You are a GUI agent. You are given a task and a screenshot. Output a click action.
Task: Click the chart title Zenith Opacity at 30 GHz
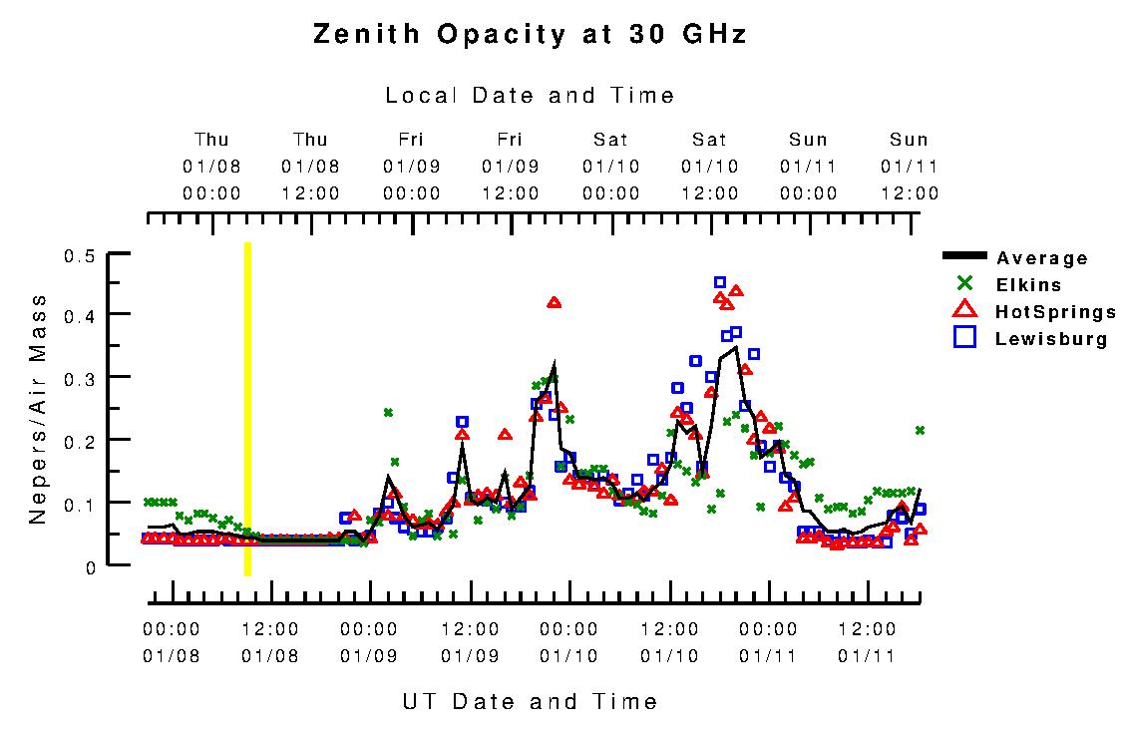(530, 34)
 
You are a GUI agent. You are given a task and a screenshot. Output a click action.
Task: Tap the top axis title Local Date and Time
(530, 96)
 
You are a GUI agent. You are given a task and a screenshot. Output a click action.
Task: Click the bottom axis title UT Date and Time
(530, 701)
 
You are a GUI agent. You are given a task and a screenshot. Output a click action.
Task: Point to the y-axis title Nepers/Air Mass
(38, 409)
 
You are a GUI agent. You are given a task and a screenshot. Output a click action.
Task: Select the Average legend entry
(1042, 258)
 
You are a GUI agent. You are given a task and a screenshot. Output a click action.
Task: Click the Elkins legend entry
(1027, 284)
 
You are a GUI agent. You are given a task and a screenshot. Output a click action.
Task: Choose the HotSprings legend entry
(1055, 312)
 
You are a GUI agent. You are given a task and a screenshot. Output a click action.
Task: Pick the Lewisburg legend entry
(1051, 338)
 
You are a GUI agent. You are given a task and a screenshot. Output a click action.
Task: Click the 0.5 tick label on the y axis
(80, 256)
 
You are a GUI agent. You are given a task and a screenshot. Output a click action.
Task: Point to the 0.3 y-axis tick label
(80, 378)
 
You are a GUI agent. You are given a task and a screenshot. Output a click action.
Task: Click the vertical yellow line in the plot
(247, 409)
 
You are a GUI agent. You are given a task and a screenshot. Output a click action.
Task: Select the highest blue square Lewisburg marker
(720, 282)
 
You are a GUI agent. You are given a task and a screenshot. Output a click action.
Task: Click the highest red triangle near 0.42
(555, 301)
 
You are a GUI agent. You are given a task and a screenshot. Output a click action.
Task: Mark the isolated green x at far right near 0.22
(920, 430)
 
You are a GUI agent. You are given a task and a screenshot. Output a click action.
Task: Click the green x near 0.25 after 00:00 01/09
(388, 412)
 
